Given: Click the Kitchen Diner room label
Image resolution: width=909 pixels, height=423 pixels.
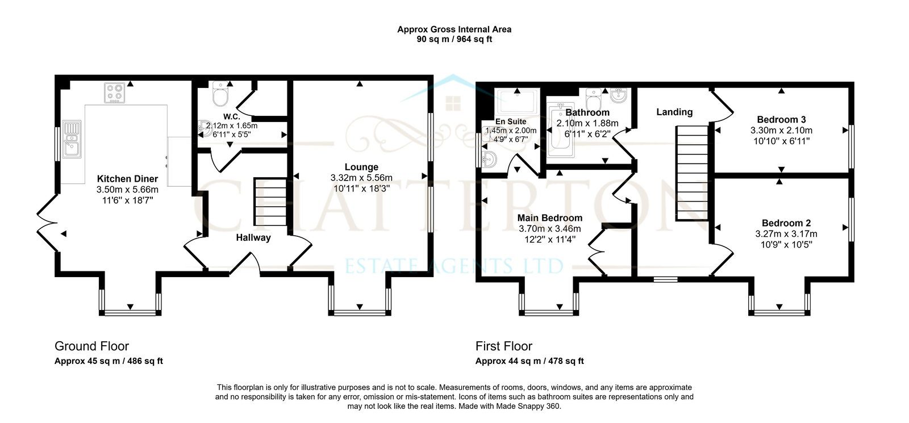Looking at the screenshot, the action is point(127,179).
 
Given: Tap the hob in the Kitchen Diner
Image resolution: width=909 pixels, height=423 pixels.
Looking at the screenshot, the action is point(114,93).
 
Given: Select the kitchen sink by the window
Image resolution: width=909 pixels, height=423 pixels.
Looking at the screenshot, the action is point(72,139).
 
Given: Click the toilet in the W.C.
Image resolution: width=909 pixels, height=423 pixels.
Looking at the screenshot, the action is point(220,94).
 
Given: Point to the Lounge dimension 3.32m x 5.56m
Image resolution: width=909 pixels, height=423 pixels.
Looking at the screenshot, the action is point(361,178).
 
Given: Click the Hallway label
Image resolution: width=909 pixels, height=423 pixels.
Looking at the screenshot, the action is point(253,238).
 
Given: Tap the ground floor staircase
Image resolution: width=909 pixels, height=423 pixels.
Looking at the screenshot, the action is point(270,202).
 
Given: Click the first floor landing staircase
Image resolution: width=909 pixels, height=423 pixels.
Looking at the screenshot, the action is point(692,173).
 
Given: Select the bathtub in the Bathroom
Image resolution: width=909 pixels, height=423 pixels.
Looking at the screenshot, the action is point(560,130).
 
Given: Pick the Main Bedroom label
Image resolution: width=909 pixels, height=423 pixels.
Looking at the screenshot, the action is point(550,218).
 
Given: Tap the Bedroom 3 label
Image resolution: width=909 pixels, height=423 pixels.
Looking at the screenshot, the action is point(781,120).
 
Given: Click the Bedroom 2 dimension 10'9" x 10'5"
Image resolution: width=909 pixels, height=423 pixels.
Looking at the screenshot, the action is point(786,245).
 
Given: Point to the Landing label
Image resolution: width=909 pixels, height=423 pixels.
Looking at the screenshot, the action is point(674,112).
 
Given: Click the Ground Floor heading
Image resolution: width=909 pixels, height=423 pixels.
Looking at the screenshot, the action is point(91,346).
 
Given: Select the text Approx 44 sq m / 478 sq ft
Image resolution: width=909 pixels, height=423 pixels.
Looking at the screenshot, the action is point(529,361).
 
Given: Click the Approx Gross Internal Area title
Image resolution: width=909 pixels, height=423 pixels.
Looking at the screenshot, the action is point(454,29).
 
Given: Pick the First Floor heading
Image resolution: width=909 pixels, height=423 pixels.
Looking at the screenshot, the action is point(503,346).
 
